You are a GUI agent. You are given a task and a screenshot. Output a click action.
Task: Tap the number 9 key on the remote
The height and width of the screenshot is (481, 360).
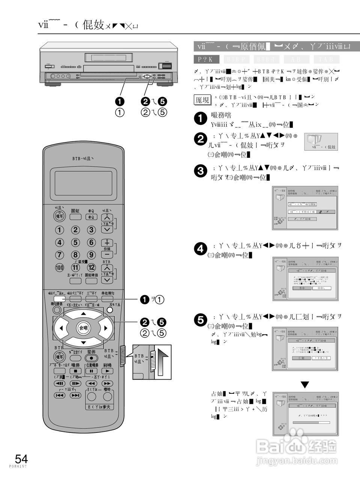click(x=92, y=254)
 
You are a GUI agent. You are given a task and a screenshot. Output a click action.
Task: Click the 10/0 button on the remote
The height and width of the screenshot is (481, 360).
click(x=60, y=268)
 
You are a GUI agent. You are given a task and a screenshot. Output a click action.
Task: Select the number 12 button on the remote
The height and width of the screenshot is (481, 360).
click(x=92, y=268)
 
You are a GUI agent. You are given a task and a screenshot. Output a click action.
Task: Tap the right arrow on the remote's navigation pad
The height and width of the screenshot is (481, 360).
click(x=106, y=328)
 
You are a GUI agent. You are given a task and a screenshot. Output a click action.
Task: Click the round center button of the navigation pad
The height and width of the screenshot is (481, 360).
click(x=83, y=328)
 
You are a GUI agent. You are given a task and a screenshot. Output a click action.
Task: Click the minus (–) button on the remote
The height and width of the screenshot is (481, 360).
click(x=107, y=255)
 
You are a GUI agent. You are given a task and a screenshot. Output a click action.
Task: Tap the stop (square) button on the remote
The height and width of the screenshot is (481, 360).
click(x=75, y=371)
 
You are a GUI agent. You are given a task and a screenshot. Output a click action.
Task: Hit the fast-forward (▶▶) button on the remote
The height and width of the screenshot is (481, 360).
click(x=107, y=383)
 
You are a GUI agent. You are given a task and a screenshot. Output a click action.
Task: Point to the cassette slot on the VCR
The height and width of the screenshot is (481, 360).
click(x=108, y=57)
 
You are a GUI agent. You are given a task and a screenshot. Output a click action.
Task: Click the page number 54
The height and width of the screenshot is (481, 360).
click(x=21, y=459)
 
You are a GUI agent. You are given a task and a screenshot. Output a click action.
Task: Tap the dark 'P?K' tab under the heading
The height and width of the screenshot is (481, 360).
click(x=206, y=59)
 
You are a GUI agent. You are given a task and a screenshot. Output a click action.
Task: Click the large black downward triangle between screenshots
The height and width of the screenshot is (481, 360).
click(x=305, y=384)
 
